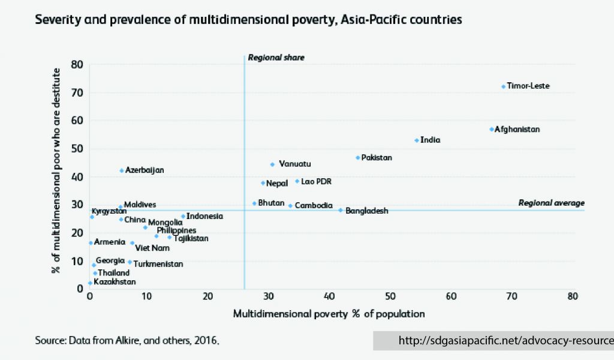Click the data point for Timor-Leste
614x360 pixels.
click(x=503, y=86)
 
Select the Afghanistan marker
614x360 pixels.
click(x=492, y=129)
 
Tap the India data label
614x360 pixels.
click(x=431, y=140)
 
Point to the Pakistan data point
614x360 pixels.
click(x=358, y=158)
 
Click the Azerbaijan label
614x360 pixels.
click(x=145, y=170)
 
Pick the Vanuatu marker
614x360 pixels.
click(x=272, y=164)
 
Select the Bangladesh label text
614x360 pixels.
click(x=367, y=211)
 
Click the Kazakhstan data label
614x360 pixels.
click(x=115, y=282)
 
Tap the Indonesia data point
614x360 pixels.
click(x=183, y=216)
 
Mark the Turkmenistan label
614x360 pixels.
click(x=158, y=264)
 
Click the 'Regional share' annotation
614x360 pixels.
click(x=276, y=58)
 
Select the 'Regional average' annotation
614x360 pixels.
click(x=551, y=203)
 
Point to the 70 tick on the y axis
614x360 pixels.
click(x=77, y=92)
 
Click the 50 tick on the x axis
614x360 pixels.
click(x=390, y=296)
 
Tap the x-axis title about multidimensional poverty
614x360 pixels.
click(x=329, y=314)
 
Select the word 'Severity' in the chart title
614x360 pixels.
click(x=58, y=20)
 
